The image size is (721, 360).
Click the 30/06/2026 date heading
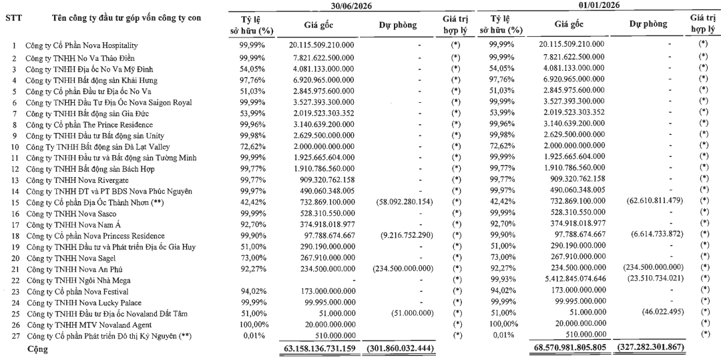[351, 5]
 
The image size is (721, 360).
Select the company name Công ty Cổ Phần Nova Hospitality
[75, 45]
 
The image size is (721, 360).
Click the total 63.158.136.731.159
[317, 348]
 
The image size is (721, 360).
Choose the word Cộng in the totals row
[37, 349]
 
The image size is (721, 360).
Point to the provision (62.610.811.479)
[655, 201]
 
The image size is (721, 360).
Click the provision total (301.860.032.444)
[400, 348]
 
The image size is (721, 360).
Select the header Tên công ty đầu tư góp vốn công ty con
[126, 19]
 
